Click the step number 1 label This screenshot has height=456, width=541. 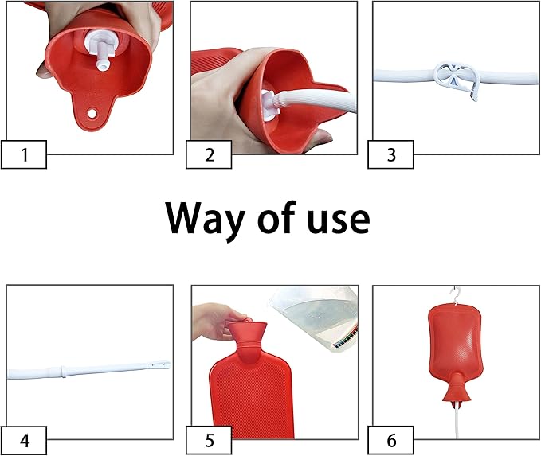(x=24, y=154)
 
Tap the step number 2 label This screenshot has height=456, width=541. (x=210, y=154)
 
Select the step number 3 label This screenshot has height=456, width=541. (x=390, y=154)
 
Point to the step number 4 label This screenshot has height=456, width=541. (x=24, y=439)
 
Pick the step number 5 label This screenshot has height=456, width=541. (x=210, y=439)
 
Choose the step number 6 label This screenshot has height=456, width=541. (x=390, y=439)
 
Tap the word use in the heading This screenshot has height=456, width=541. (x=326, y=220)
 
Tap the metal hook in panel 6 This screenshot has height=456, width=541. (x=456, y=295)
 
